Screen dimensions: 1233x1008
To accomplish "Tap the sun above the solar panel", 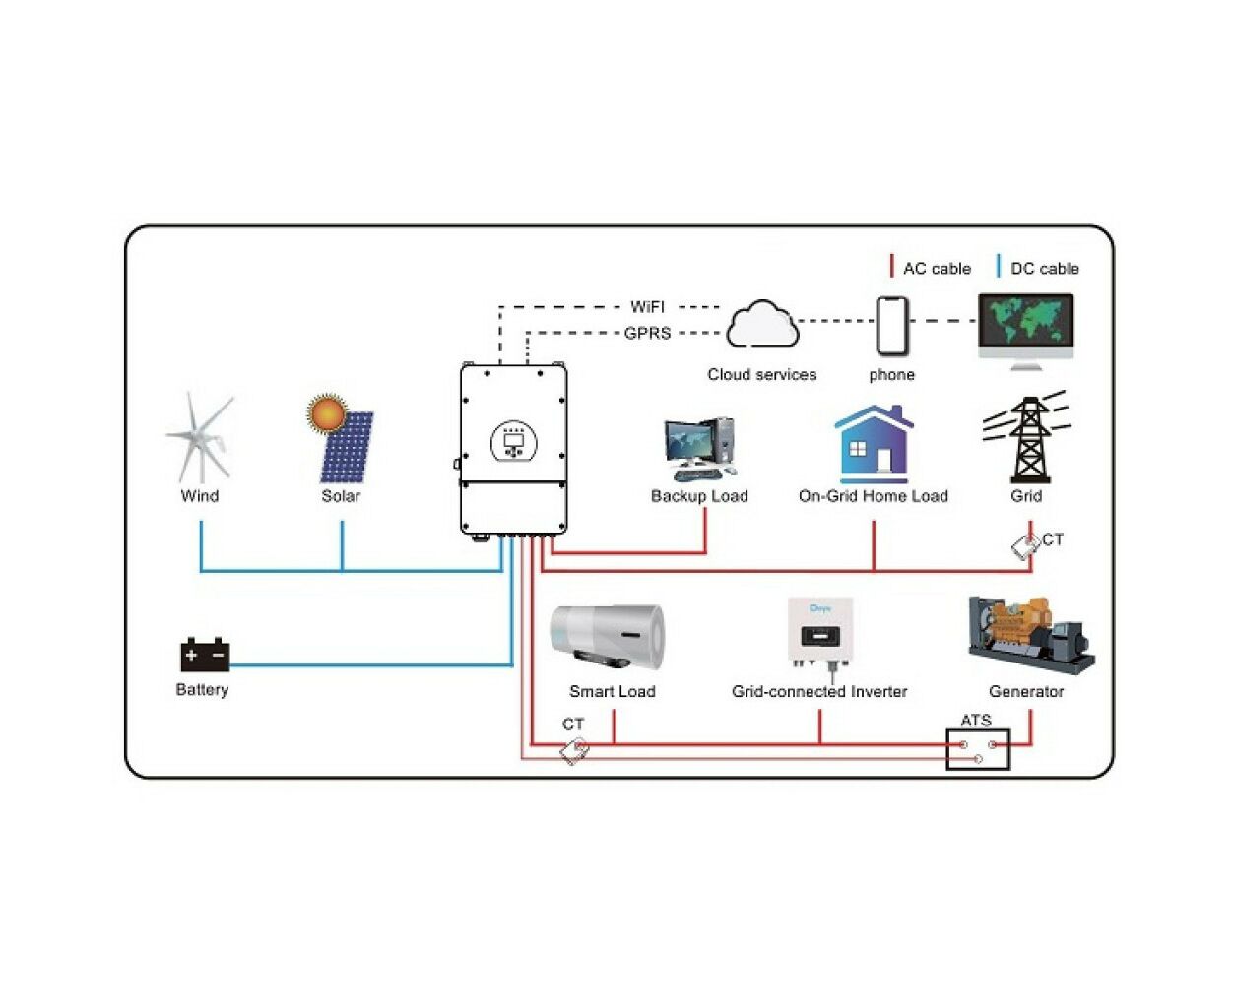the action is [326, 413].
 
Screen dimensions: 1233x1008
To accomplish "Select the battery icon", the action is [205, 655].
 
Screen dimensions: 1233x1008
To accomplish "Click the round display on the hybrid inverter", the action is [513, 442].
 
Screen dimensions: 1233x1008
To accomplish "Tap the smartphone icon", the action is [892, 326].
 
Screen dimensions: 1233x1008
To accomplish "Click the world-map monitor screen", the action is [1026, 322].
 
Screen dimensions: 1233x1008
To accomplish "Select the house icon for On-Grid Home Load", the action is [874, 444].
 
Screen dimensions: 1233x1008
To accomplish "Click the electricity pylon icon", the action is [1026, 438].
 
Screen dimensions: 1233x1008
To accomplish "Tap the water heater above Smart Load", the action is [607, 638].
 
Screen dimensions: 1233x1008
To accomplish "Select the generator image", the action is [1031, 636].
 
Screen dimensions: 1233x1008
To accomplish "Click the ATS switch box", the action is [978, 749].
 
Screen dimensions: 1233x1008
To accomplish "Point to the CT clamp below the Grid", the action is [1026, 546].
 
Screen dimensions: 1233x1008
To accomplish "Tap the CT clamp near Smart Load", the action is [575, 752].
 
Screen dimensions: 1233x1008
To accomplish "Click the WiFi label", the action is [647, 307].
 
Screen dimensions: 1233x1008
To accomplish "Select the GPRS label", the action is [647, 333].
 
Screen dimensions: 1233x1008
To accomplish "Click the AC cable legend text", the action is [937, 268].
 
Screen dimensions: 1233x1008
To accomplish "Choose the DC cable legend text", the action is [1045, 268].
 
